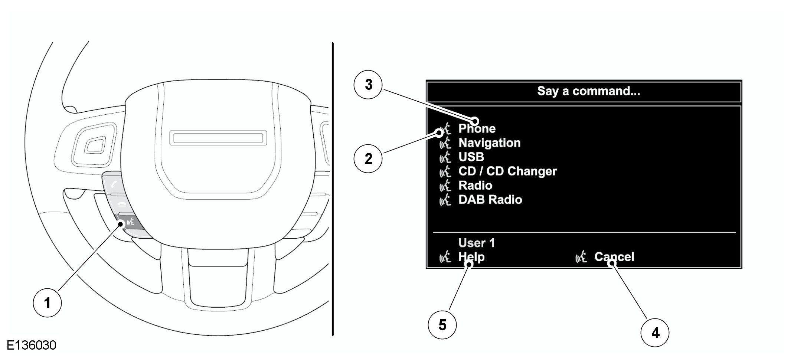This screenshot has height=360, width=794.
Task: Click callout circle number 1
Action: click(x=47, y=303)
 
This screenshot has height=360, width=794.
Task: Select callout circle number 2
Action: click(x=368, y=159)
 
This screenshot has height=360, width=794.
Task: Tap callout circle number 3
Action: click(x=368, y=84)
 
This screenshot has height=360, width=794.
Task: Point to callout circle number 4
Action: click(x=655, y=333)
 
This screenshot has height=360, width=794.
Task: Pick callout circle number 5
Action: click(x=442, y=325)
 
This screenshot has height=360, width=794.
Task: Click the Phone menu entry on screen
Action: click(x=477, y=129)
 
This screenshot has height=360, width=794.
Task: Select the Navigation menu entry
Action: click(x=489, y=143)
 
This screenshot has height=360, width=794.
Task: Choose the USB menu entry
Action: click(x=471, y=157)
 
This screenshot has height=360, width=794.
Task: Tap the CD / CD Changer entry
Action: click(x=507, y=171)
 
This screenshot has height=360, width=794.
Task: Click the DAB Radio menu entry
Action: click(x=490, y=200)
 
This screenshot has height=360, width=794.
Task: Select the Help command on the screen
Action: click(x=471, y=257)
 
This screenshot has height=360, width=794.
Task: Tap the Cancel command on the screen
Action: click(x=614, y=257)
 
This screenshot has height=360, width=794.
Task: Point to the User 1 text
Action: click(x=477, y=243)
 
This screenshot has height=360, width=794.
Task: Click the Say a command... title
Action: click(x=588, y=91)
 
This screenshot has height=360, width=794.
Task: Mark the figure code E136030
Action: click(x=32, y=346)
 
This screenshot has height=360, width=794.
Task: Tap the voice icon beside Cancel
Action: click(x=581, y=257)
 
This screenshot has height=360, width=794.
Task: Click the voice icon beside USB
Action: click(x=445, y=157)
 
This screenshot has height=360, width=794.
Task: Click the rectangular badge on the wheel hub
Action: click(x=218, y=138)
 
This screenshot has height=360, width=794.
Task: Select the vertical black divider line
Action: click(x=333, y=189)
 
